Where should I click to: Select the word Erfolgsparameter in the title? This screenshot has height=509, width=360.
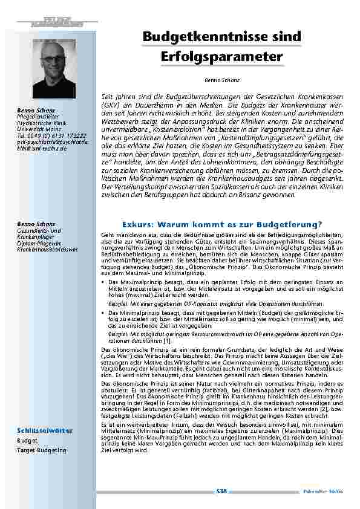(222, 57)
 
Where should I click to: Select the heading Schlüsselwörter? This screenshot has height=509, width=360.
(45, 430)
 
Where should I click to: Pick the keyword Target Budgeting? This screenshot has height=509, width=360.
(42, 450)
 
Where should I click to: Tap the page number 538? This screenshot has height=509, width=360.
(221, 491)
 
